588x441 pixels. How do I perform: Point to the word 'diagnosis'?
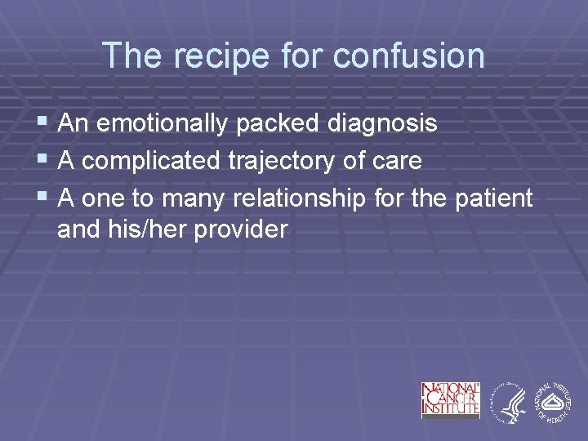point(382,124)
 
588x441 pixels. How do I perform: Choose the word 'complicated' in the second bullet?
point(150,161)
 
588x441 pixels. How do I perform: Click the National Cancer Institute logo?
point(450,399)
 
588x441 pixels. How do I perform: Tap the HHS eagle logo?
point(507,401)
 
